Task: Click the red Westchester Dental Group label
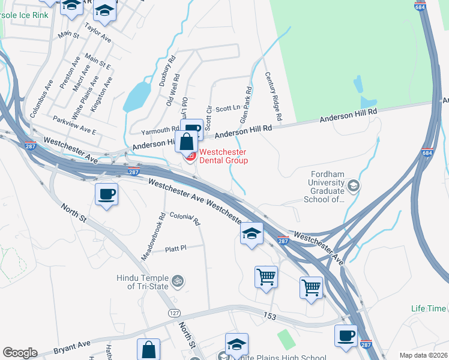click(223, 156)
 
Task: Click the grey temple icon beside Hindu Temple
click(177, 280)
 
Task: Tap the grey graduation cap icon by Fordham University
click(353, 186)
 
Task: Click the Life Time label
click(429, 308)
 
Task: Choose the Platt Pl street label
click(176, 247)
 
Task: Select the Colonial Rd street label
click(184, 219)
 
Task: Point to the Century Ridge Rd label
click(274, 96)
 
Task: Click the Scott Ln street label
click(228, 109)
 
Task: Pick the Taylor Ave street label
click(98, 32)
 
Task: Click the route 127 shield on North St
click(174, 313)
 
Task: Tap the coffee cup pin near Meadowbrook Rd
click(107, 194)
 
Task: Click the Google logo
click(20, 353)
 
